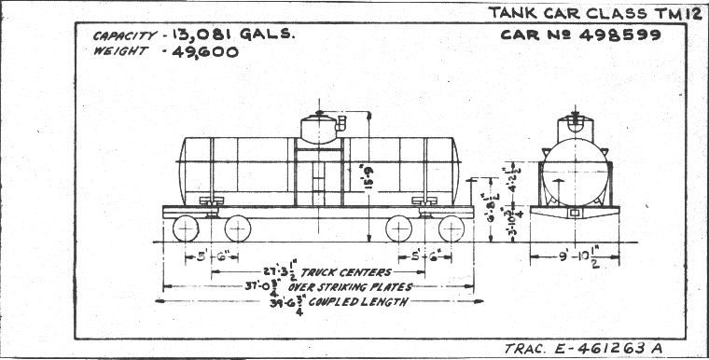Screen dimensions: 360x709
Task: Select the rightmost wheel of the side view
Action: pyautogui.click(x=450, y=229)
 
